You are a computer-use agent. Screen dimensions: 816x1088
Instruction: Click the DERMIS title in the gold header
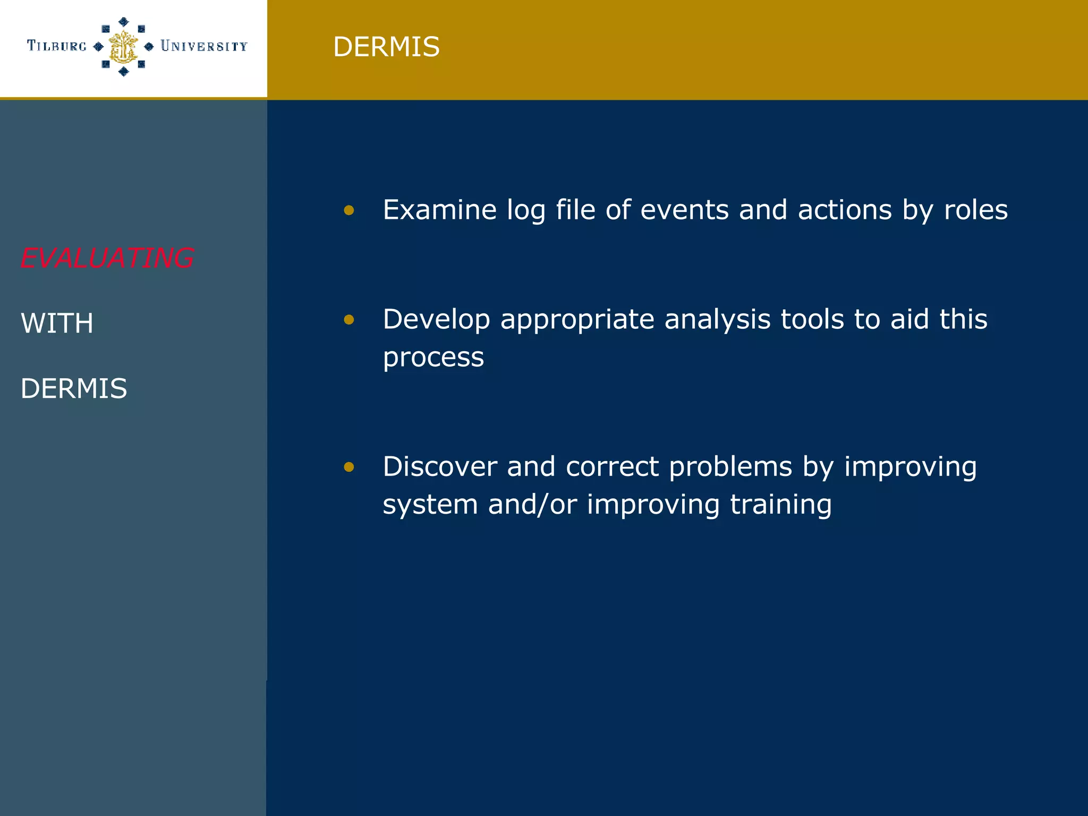[x=386, y=47]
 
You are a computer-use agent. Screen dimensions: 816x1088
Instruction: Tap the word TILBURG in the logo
[x=57, y=46]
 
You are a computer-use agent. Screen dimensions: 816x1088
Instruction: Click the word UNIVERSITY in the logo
[x=204, y=47]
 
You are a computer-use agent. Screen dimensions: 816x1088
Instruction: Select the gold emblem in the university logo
[x=123, y=47]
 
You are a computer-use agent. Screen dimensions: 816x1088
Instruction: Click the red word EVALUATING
[x=107, y=258]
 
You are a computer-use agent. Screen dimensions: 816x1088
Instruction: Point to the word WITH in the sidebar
[x=57, y=323]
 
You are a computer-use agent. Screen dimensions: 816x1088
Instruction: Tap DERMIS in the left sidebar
[x=74, y=388]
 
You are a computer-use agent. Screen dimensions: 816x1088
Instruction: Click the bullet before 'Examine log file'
[x=349, y=210]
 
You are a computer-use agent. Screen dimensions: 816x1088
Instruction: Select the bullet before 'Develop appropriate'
[x=349, y=319]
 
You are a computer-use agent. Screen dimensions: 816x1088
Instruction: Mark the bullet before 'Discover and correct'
[x=349, y=467]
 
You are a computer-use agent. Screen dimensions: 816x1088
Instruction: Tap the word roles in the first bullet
[x=975, y=209]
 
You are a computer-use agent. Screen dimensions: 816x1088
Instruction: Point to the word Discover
[x=439, y=466]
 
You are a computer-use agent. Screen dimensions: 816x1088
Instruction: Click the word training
[x=780, y=505]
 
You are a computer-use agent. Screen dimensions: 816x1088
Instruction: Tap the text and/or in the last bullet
[x=532, y=505]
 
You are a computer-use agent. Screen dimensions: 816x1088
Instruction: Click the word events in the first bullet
[x=684, y=209]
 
